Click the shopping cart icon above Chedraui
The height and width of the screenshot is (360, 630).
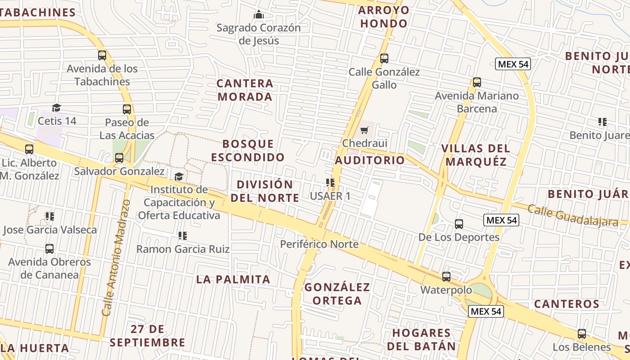click(x=364, y=130)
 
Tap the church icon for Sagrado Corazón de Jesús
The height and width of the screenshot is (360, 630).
click(x=259, y=15)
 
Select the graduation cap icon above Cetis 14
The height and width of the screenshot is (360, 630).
click(x=56, y=108)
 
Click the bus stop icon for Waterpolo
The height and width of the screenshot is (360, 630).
click(x=446, y=277)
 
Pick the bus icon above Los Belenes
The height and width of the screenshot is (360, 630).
click(x=582, y=334)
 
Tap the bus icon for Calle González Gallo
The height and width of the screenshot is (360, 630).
click(x=384, y=58)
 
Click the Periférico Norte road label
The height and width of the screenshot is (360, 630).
click(x=319, y=244)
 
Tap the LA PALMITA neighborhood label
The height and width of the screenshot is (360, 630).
click(x=233, y=279)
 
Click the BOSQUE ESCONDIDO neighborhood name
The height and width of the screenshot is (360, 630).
click(x=248, y=150)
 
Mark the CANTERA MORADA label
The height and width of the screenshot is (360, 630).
click(x=245, y=90)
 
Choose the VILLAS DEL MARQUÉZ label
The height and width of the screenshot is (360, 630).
click(x=475, y=155)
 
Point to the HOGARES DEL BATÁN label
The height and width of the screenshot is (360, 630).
click(x=421, y=339)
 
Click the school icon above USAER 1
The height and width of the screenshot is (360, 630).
click(x=330, y=183)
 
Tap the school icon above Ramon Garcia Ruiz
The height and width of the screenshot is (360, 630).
click(x=182, y=235)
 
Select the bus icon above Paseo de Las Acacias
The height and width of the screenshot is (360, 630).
click(x=127, y=109)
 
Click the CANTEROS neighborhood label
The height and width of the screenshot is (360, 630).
click(x=567, y=304)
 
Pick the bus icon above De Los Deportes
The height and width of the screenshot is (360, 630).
click(x=459, y=224)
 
